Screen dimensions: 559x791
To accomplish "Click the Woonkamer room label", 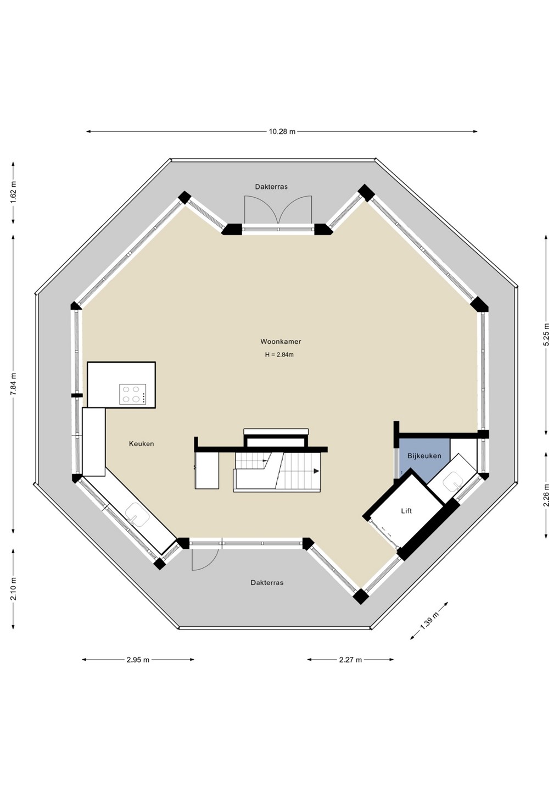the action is [281, 342].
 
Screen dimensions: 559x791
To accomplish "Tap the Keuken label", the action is [142, 444].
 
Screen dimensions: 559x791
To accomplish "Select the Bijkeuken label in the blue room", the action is [424, 456].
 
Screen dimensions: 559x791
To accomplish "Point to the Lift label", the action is [406, 511].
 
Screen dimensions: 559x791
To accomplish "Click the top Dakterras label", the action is [271, 187].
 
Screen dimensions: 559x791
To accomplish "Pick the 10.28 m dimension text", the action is [282, 132].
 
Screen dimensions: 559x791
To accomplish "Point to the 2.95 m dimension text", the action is [138, 659].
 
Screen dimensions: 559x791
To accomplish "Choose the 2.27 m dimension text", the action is [350, 659].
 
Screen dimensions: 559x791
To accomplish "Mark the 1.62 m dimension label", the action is [13, 192].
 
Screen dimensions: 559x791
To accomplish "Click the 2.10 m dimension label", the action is [13, 589].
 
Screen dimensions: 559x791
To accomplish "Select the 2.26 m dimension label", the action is [546, 495].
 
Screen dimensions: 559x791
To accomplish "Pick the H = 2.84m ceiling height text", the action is [279, 355].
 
